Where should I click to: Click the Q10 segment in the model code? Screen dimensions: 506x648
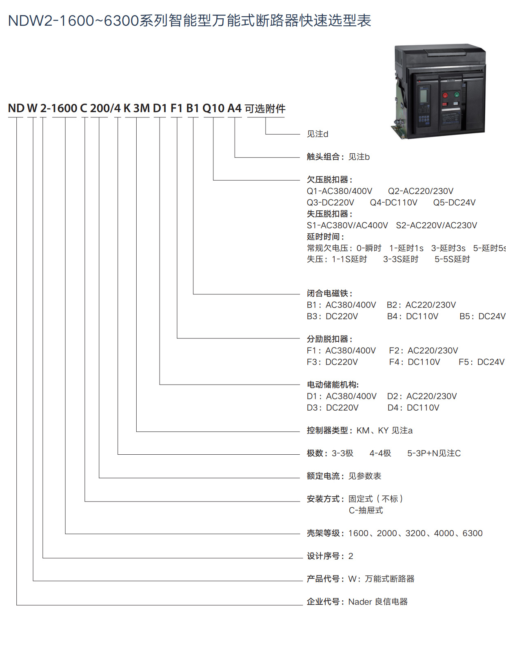pyautogui.click(x=213, y=108)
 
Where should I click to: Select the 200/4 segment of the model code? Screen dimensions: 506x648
pyautogui.click(x=105, y=108)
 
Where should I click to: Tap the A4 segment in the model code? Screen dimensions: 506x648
pyautogui.click(x=235, y=108)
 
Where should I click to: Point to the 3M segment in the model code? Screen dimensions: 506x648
pyautogui.click(x=142, y=108)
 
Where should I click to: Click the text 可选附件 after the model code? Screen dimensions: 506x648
pyautogui.click(x=265, y=108)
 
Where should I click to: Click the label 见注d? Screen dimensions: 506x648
pyautogui.click(x=317, y=134)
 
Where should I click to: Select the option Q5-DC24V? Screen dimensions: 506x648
pyautogui.click(x=454, y=203)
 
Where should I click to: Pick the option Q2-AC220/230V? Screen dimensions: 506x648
pyautogui.click(x=421, y=191)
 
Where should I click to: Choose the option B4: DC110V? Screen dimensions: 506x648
pyautogui.click(x=413, y=316)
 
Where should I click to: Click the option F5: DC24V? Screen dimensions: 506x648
pyautogui.click(x=482, y=362)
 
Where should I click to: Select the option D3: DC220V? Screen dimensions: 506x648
pyautogui.click(x=333, y=408)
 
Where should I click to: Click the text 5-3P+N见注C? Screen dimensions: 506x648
pyautogui.click(x=434, y=453)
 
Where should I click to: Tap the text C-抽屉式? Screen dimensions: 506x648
pyautogui.click(x=366, y=510)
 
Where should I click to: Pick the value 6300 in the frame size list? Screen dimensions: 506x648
pyautogui.click(x=473, y=533)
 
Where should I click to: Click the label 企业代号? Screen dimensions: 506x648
pyautogui.click(x=324, y=602)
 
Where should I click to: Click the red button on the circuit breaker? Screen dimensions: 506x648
pyautogui.click(x=445, y=95)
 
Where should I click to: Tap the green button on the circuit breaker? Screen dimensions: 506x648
pyautogui.click(x=457, y=95)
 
